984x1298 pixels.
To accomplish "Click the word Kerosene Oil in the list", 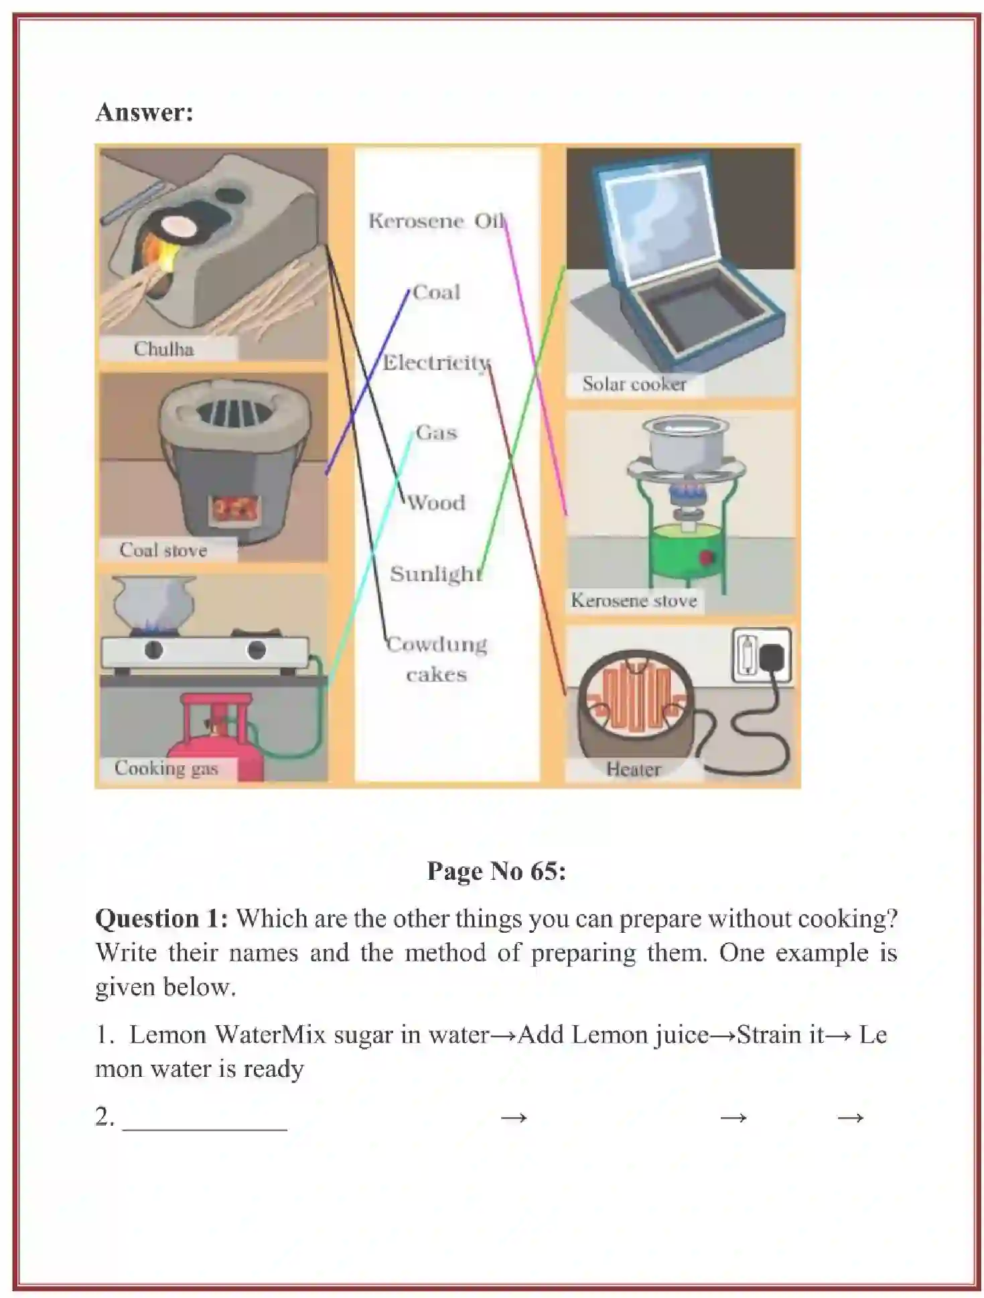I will tap(436, 221).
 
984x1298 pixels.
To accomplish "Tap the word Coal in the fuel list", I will tap(436, 292).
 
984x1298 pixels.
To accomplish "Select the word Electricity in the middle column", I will tap(436, 363).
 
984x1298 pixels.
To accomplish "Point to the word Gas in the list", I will tap(436, 432).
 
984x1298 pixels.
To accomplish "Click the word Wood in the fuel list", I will tap(436, 503).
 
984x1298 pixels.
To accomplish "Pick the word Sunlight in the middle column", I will tap(436, 574).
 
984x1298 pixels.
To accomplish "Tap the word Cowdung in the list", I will tap(437, 644).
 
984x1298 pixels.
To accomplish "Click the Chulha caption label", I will tap(163, 349).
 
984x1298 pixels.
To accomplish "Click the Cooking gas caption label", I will tap(166, 768).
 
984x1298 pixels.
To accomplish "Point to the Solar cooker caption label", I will tap(634, 384).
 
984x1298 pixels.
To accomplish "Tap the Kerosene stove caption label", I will tap(634, 600).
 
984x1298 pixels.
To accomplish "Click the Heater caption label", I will tap(633, 769).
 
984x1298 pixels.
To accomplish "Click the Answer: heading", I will tap(144, 112).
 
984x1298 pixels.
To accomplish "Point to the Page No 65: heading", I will tap(496, 871).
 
